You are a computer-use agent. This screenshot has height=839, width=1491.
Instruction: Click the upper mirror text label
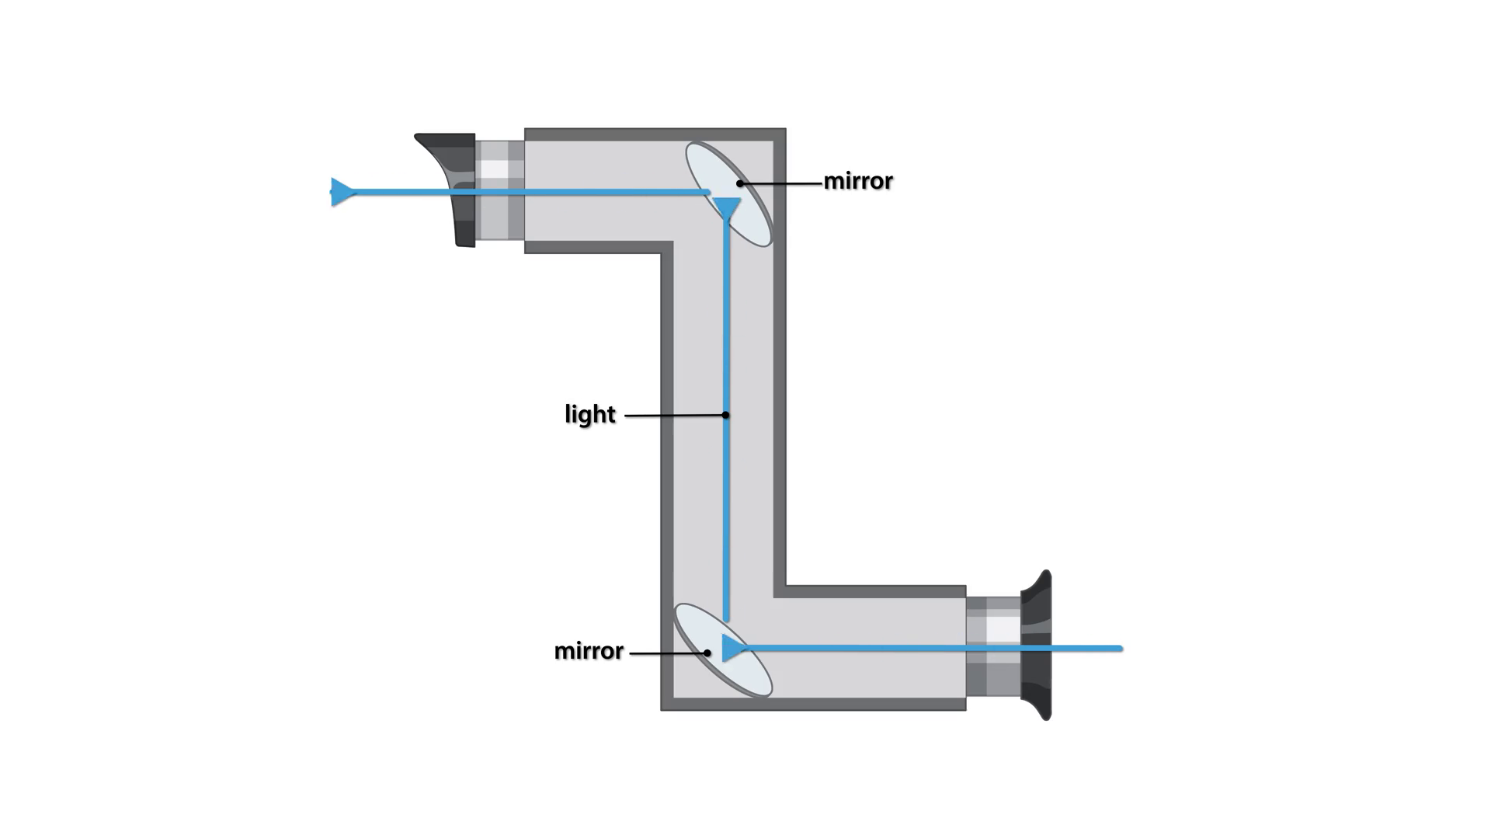(858, 181)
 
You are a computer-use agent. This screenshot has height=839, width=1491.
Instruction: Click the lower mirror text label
(589, 651)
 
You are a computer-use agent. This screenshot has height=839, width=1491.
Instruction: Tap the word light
(590, 414)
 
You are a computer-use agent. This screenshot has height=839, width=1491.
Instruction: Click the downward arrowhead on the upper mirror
(727, 208)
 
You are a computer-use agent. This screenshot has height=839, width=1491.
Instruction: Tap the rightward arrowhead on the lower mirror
(732, 647)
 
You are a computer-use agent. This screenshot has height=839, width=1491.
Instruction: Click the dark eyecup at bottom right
(1036, 645)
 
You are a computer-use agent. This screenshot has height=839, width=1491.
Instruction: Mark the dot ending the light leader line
(725, 415)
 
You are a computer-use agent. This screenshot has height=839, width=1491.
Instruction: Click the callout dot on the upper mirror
(740, 184)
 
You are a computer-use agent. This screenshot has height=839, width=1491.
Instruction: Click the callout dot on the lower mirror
(707, 653)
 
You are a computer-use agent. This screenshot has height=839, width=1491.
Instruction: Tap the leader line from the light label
(674, 416)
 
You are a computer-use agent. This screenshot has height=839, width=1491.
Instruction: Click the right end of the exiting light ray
(1119, 648)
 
